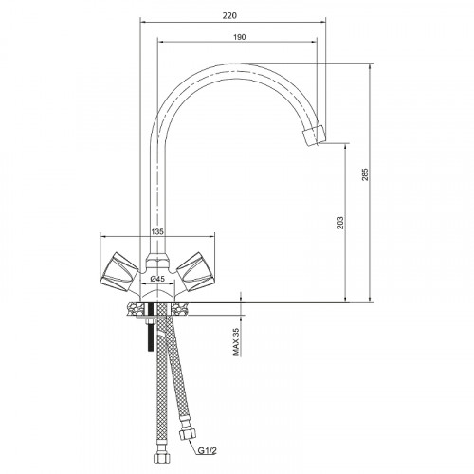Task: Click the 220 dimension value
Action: click(x=229, y=15)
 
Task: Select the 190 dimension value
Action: click(x=240, y=37)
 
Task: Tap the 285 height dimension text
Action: click(x=365, y=174)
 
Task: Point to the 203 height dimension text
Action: click(x=340, y=223)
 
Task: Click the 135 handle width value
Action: click(x=157, y=231)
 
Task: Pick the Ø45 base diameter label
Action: click(x=157, y=279)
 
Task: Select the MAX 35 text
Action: click(x=236, y=341)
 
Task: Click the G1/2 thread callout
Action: click(x=208, y=451)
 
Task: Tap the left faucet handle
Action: click(x=119, y=271)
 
